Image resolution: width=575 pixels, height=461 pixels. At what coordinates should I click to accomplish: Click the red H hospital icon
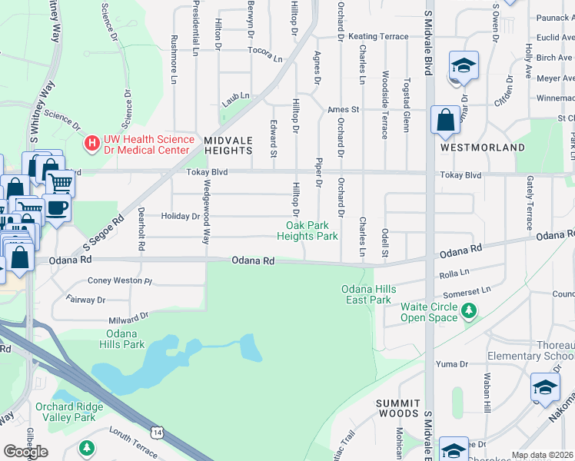coord(92,144)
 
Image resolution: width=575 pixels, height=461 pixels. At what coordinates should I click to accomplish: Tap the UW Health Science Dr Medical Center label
coord(147,144)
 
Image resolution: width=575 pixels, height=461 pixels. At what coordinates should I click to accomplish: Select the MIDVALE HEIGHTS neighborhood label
coord(228,145)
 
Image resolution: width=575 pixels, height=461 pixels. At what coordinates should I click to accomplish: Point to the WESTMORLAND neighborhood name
coord(482,147)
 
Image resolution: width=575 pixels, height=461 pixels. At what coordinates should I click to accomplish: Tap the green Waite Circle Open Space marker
coord(468,311)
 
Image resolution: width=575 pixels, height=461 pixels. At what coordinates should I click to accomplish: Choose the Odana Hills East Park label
coord(369,294)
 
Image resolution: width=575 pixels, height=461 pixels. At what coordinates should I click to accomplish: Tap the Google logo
coord(25,451)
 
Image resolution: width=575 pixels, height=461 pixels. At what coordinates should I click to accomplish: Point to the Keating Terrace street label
coord(378,36)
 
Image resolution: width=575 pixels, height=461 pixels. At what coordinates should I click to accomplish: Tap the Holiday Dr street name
coord(181,216)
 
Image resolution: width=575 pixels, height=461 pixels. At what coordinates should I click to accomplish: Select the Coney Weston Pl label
coord(120,280)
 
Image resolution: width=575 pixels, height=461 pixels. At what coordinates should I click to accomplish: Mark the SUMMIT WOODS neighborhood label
coord(397,408)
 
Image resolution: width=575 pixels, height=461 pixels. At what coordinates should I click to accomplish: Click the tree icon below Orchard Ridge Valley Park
coord(88,447)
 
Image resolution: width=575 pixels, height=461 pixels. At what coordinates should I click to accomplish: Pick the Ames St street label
coord(344,110)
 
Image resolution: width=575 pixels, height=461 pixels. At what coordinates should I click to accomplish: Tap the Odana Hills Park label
coord(125,339)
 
